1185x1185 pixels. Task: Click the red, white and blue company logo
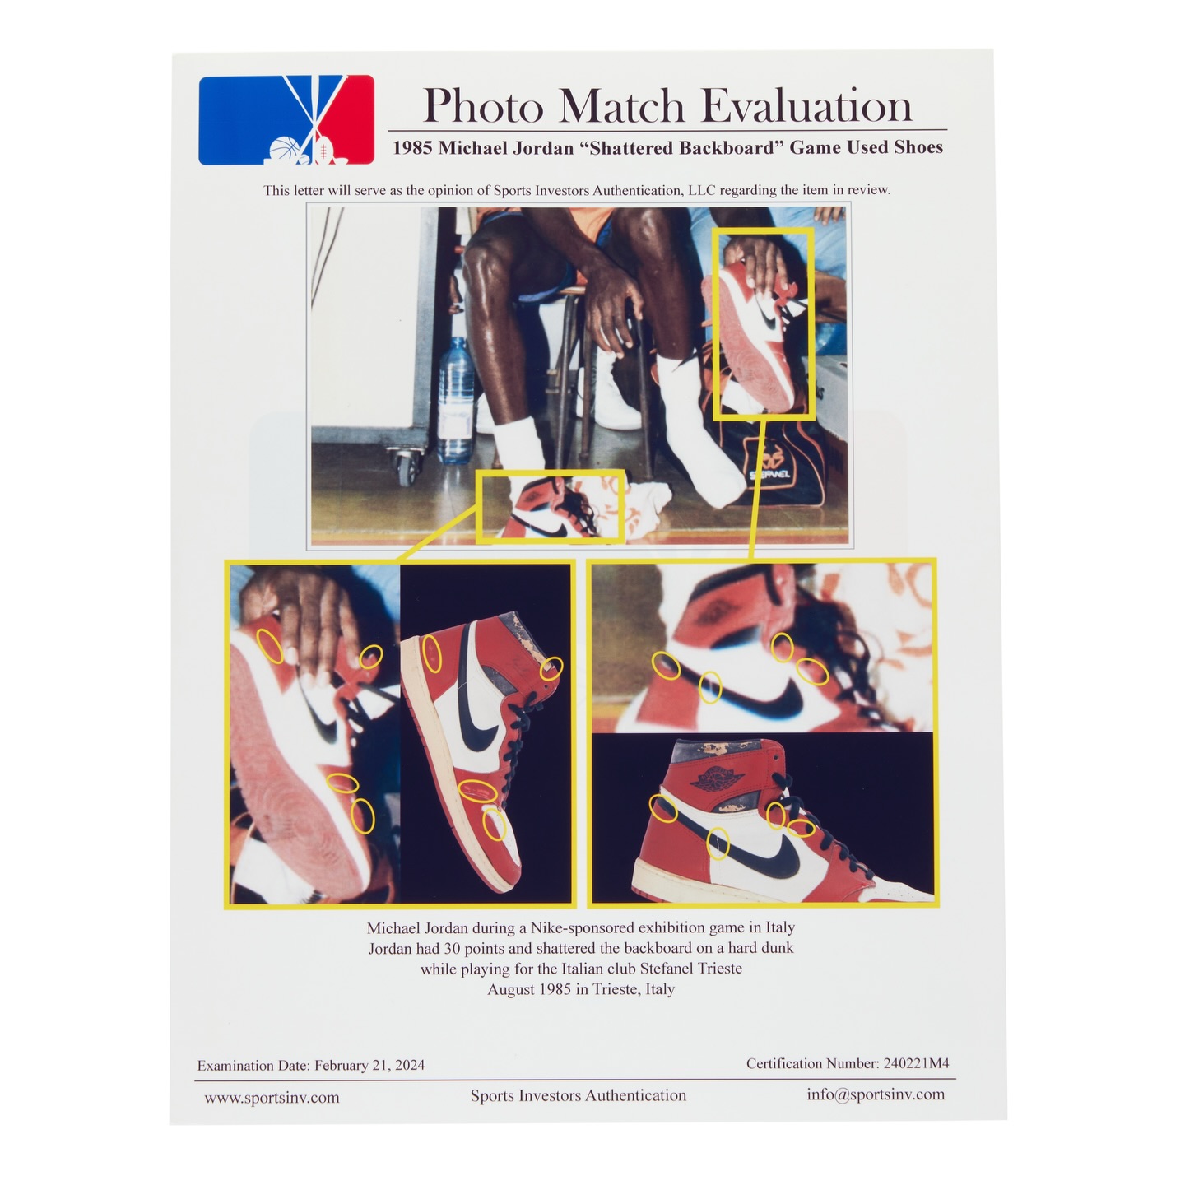tap(286, 120)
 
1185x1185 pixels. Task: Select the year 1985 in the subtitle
tap(412, 148)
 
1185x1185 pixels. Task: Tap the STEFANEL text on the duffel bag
tap(770, 474)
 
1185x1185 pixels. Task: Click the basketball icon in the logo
tap(283, 150)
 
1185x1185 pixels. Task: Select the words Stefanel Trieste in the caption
tap(690, 968)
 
